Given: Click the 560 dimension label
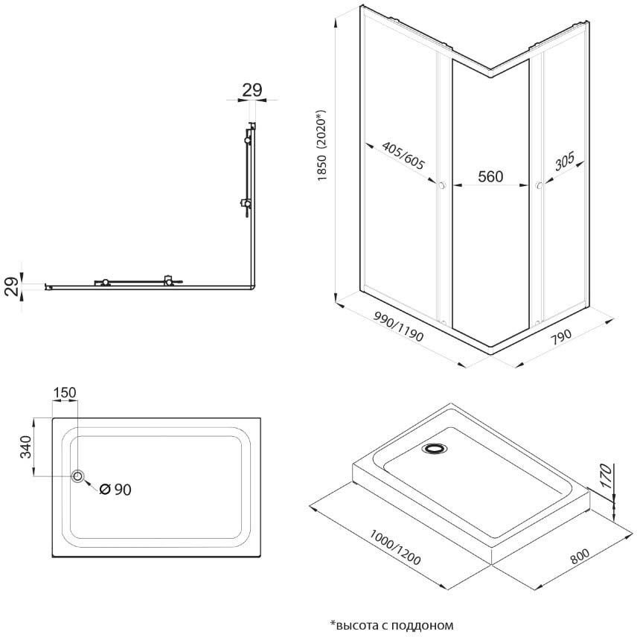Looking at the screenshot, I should click(x=490, y=176).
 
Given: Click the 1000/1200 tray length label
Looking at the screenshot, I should click(x=394, y=548).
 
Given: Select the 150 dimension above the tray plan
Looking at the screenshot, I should click(x=64, y=393).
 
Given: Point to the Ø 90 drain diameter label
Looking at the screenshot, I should click(x=115, y=489).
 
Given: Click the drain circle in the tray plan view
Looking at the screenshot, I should click(x=77, y=476).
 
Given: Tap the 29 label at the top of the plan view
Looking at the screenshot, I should click(x=252, y=90).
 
